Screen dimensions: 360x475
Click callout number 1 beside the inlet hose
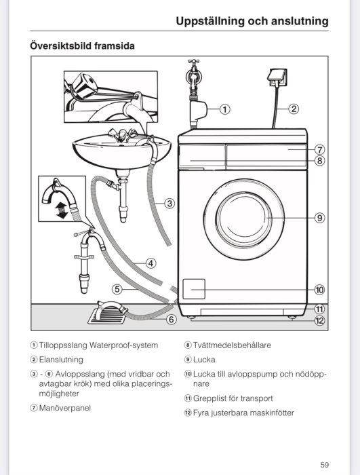(224, 109)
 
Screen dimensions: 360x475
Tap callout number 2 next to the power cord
(294, 109)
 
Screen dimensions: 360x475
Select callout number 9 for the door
(319, 218)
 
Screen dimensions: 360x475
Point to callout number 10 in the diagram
(319, 290)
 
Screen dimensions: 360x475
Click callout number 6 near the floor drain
(172, 320)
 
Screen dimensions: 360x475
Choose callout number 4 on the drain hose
(151, 263)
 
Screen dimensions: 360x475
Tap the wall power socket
(277, 78)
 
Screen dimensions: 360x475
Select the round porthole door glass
(244, 218)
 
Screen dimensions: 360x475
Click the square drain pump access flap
(194, 289)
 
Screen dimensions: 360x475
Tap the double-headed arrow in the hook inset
(62, 210)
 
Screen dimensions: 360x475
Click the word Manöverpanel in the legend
(65, 408)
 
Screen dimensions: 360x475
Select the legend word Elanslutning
(61, 360)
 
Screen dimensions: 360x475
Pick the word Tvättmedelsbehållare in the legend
(232, 345)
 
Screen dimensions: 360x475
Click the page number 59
(325, 465)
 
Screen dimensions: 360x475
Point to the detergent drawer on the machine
(202, 156)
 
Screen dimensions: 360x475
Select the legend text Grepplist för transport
(233, 398)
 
